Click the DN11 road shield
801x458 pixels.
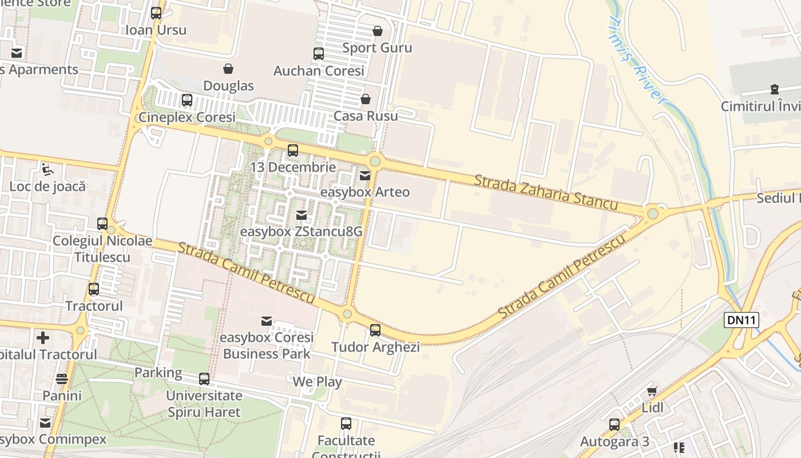click(x=741, y=320)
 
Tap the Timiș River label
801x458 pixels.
click(x=637, y=58)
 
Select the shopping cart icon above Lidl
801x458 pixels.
click(x=652, y=392)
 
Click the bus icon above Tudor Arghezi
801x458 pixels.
click(x=375, y=330)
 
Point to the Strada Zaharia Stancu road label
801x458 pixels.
click(x=545, y=192)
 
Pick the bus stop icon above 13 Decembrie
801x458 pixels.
click(x=293, y=151)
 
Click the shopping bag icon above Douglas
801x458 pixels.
click(x=228, y=69)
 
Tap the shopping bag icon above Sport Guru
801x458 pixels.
click(x=377, y=31)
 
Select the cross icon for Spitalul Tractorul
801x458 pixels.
click(x=43, y=338)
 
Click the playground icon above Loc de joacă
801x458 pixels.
click(x=47, y=169)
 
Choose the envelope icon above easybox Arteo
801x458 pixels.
click(x=364, y=176)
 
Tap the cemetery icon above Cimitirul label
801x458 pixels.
click(x=774, y=89)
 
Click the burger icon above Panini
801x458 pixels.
click(x=62, y=379)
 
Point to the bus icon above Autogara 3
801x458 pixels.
click(x=614, y=425)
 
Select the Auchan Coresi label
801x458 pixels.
click(x=319, y=71)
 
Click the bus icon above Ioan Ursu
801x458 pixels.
click(x=156, y=13)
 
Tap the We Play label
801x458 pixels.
click(x=317, y=382)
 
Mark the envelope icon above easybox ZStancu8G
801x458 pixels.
click(x=301, y=215)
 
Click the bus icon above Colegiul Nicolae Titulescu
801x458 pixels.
click(x=102, y=224)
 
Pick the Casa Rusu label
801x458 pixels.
click(x=366, y=116)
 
